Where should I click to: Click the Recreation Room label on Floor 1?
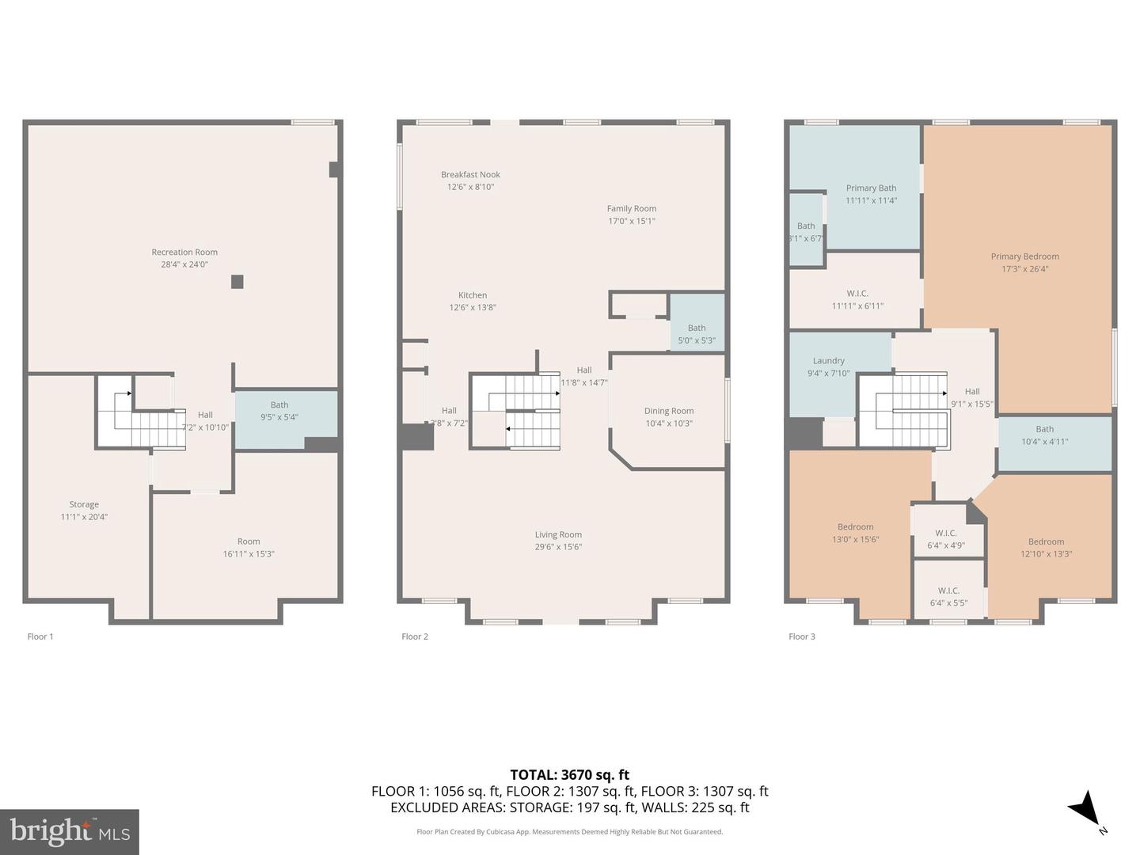(184, 253)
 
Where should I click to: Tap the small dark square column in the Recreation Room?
(237, 281)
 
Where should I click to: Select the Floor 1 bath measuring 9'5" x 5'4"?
(279, 411)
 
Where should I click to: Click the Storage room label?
(84, 504)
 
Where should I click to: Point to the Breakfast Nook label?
(470, 175)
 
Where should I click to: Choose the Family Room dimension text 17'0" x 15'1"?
(631, 222)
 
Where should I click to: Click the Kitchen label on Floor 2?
(473, 295)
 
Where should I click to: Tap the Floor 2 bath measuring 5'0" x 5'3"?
(697, 334)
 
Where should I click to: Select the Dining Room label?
(668, 411)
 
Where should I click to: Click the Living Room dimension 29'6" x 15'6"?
(558, 547)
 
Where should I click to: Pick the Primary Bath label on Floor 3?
(871, 188)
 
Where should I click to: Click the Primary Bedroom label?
(1024, 256)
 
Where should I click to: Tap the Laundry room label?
(828, 361)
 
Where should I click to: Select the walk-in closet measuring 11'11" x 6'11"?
(857, 299)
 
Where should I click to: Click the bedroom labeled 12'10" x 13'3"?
(1046, 548)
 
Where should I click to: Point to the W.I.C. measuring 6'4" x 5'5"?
(948, 597)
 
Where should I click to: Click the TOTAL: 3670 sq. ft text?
(569, 775)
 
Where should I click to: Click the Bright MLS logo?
(70, 831)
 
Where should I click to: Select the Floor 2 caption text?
(415, 636)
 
